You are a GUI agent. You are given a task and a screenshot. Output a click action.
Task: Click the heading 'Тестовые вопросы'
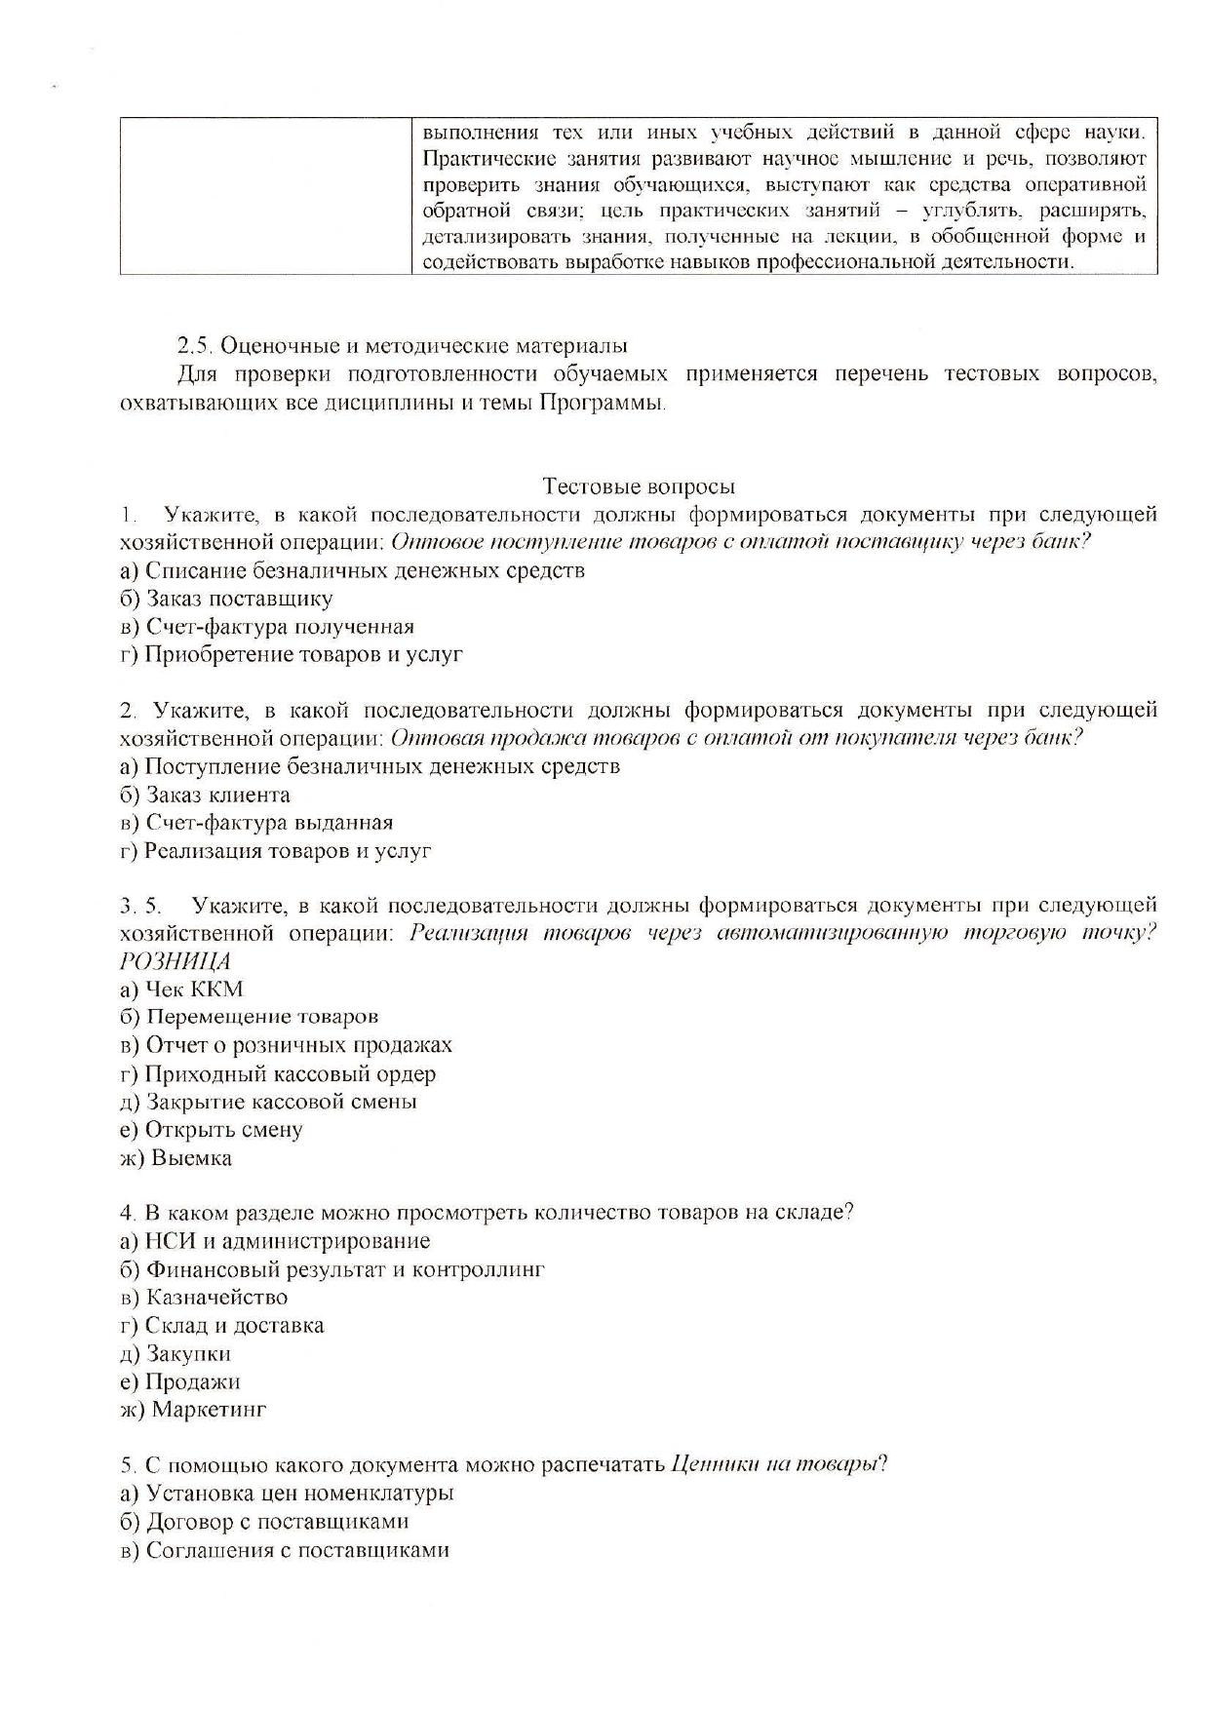click(x=639, y=486)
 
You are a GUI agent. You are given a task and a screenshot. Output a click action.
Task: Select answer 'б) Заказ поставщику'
click(x=226, y=599)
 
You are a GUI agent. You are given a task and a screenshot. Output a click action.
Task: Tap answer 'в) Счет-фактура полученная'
click(x=267, y=627)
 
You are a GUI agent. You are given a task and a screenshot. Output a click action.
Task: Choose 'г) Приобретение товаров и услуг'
click(x=291, y=654)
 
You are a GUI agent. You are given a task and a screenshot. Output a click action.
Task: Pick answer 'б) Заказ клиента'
click(x=205, y=795)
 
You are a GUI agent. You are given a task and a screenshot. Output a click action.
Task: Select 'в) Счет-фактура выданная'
click(x=256, y=823)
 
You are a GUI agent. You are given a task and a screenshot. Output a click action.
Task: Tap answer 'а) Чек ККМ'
click(x=181, y=990)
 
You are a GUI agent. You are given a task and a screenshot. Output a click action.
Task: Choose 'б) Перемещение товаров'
click(x=249, y=1018)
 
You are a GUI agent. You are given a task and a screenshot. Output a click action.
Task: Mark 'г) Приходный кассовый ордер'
click(x=277, y=1074)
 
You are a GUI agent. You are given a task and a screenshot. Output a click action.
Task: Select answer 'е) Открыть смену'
click(x=211, y=1130)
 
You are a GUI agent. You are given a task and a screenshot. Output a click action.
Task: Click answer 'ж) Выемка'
click(x=175, y=1158)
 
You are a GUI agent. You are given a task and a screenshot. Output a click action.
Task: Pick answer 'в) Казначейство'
click(x=204, y=1298)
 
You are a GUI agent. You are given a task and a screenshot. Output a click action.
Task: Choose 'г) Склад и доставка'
click(x=221, y=1326)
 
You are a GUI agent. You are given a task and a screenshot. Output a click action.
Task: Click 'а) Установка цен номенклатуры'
click(x=287, y=1494)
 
